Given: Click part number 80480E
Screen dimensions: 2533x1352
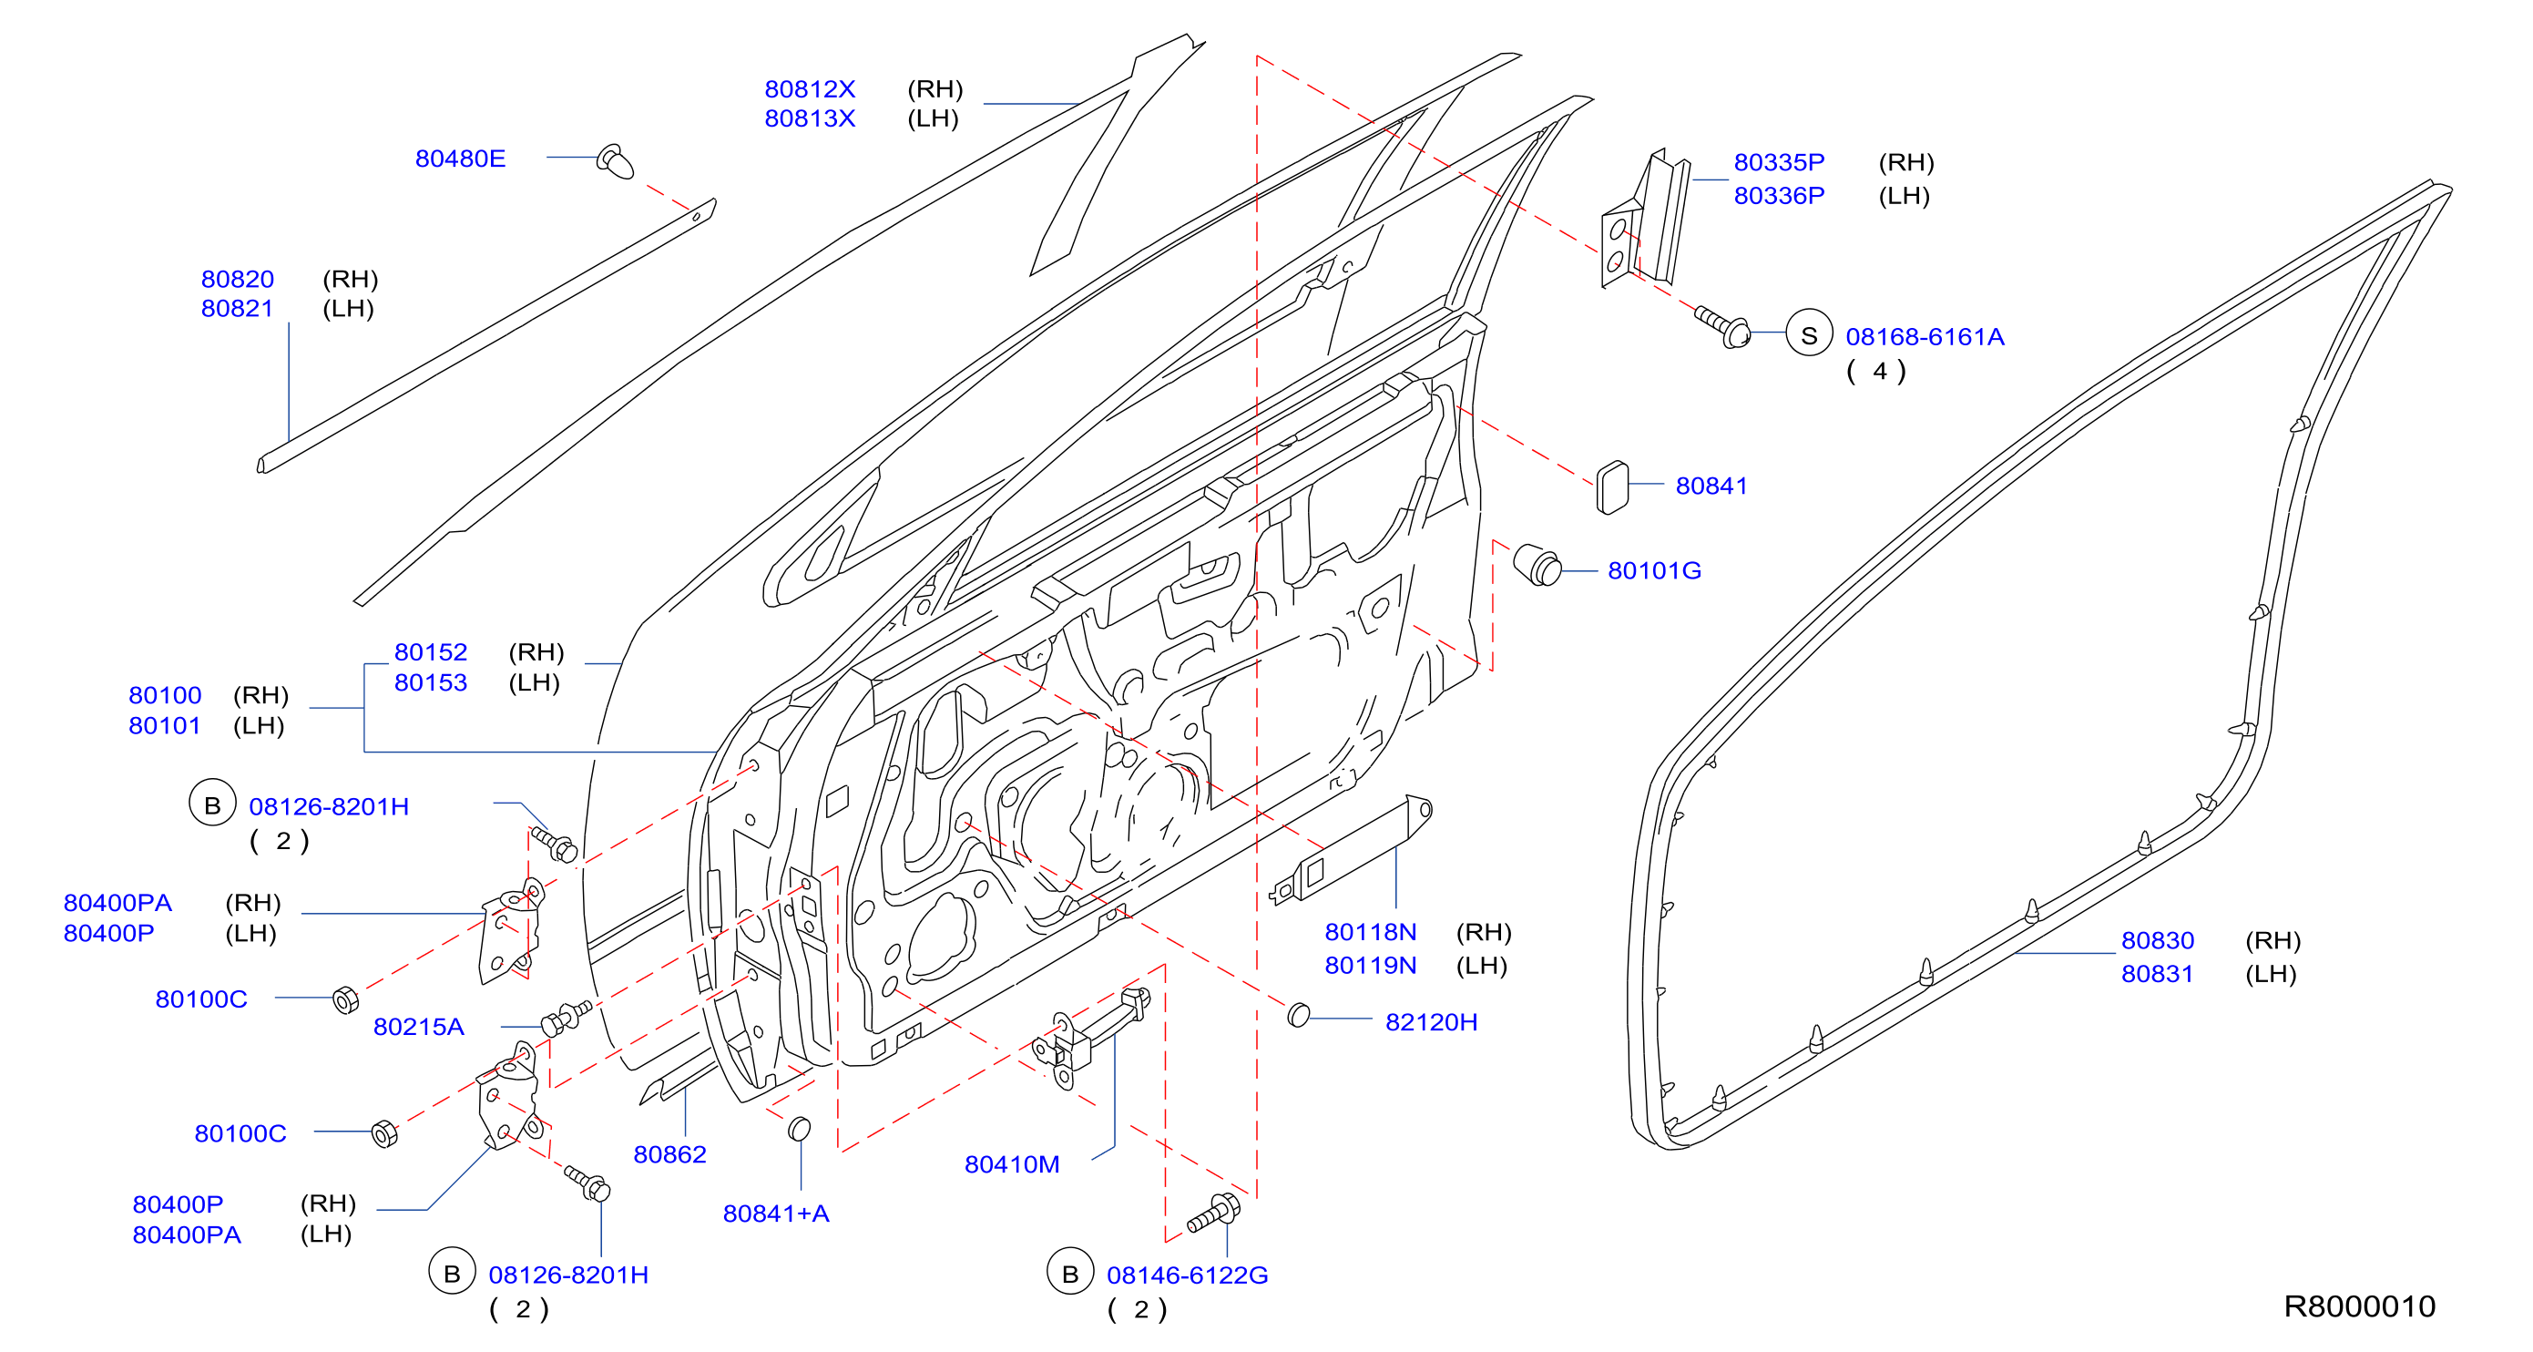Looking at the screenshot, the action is [460, 159].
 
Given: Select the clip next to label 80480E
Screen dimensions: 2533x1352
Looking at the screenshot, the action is [616, 162].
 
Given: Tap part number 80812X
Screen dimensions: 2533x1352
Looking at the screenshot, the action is [811, 89].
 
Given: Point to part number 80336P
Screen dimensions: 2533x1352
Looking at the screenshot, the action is [1779, 196].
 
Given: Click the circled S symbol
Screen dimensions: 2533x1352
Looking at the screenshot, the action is [1809, 336].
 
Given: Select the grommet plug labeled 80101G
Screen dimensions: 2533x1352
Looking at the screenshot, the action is [1537, 566].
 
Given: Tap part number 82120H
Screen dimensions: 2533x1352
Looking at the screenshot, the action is [1431, 1022].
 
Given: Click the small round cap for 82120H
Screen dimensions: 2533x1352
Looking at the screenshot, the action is [1299, 1015].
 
